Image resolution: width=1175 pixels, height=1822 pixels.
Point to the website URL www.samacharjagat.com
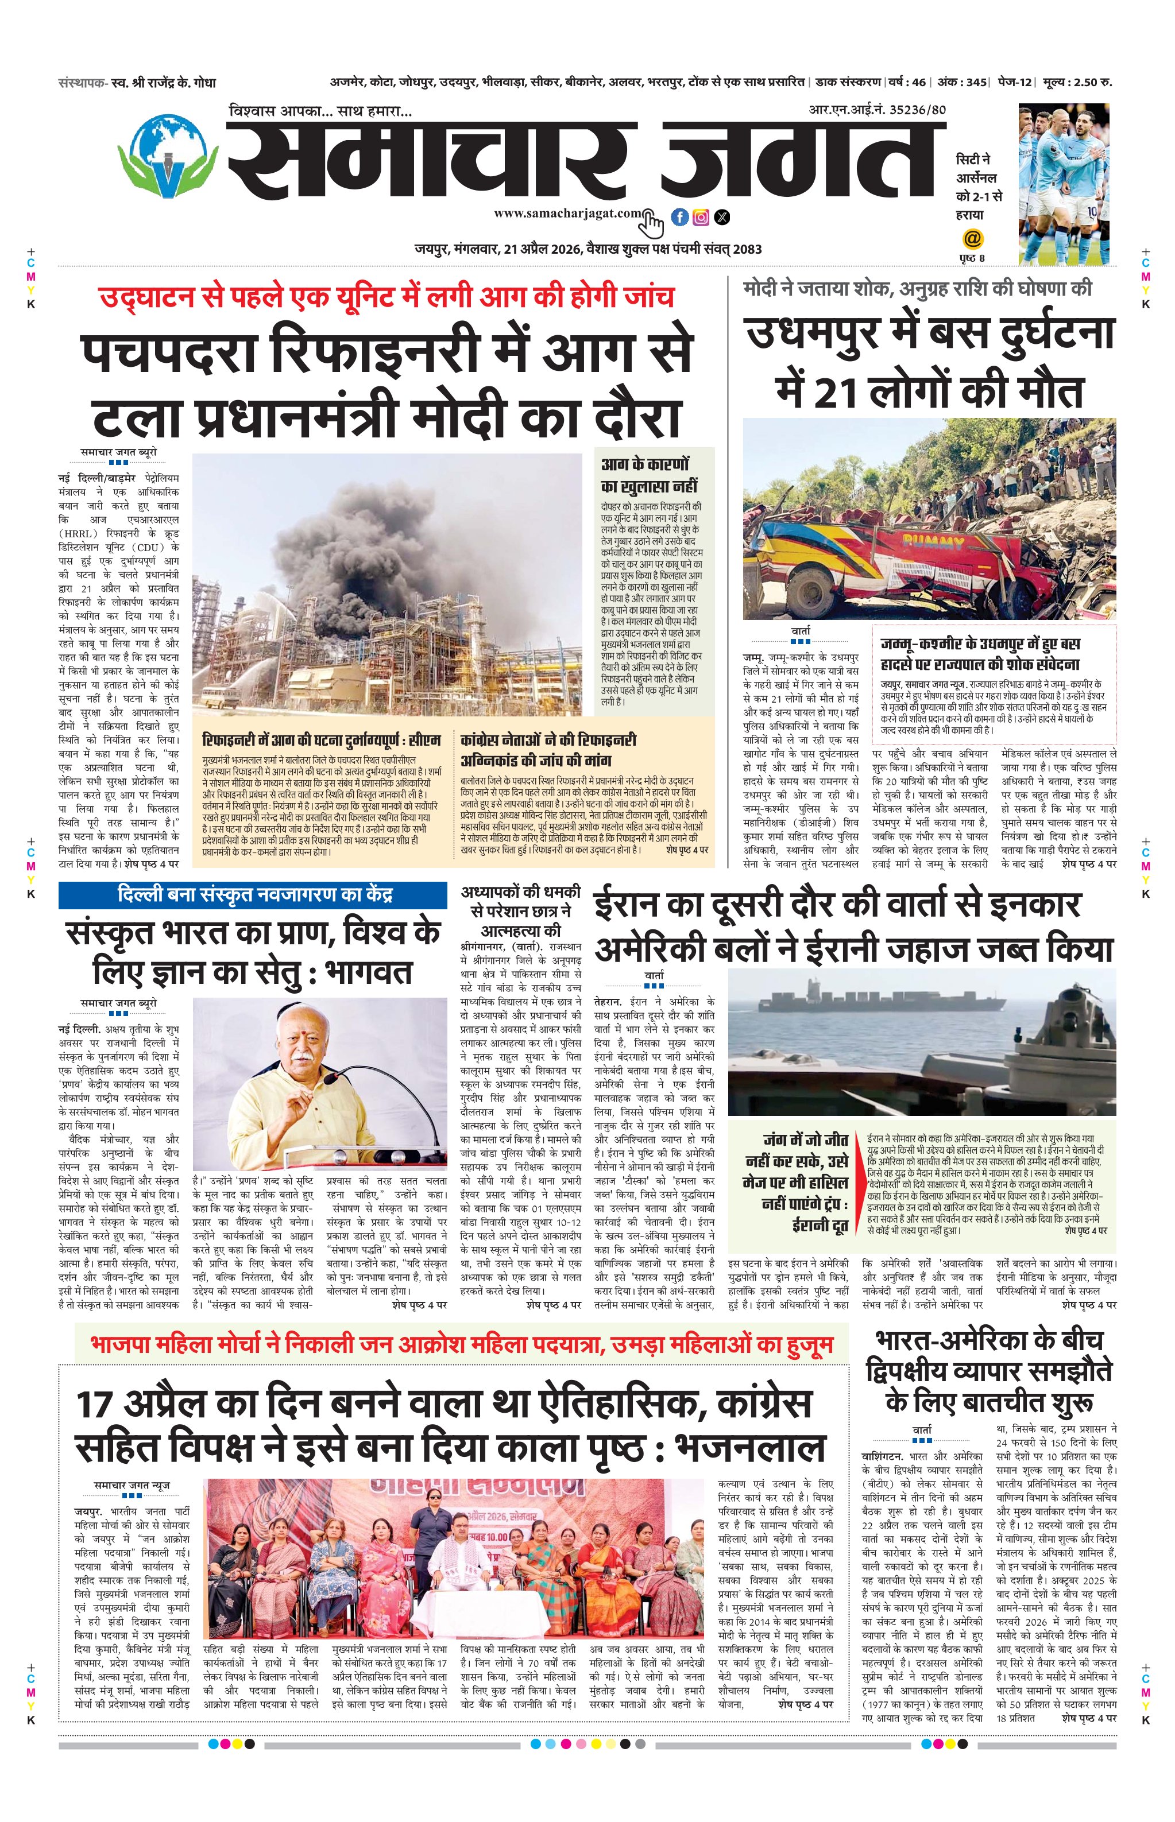[x=567, y=214]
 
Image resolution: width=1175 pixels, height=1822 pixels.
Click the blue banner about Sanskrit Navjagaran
[x=253, y=894]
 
